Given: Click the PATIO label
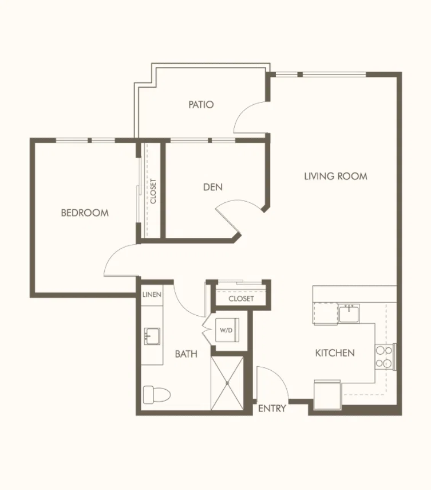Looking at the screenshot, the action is [x=201, y=104].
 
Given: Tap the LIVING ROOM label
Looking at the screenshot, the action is [x=336, y=177].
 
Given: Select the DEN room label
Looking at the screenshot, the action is [x=213, y=187].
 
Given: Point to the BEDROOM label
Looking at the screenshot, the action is [x=85, y=213].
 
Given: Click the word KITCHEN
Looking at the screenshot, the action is [x=335, y=353].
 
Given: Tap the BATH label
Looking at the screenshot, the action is [x=186, y=354].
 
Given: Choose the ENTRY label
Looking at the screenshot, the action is [x=272, y=409].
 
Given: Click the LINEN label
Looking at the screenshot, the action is [x=152, y=295].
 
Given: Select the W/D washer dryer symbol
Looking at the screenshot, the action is [x=227, y=330].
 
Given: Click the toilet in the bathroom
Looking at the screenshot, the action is [x=156, y=395].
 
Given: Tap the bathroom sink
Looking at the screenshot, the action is [x=152, y=336].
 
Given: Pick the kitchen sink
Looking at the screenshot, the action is [x=349, y=313].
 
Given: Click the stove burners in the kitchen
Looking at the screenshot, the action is [x=384, y=357].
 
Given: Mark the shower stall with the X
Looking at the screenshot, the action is [x=227, y=383].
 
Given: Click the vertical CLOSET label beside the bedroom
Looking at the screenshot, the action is [x=153, y=191].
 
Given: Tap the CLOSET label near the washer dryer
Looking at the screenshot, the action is [x=241, y=299].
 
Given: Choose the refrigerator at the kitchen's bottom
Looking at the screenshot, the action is [x=328, y=394].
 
